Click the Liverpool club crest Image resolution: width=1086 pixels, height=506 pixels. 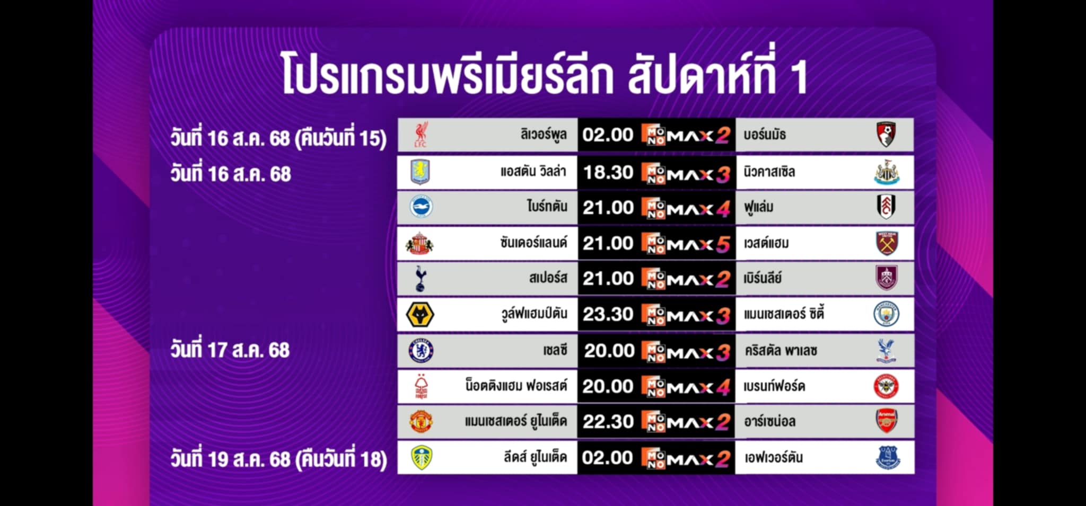click(421, 135)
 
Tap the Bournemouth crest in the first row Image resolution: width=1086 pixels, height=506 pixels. click(886, 135)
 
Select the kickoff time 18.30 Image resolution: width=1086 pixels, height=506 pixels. click(608, 172)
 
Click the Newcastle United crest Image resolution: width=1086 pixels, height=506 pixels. click(887, 172)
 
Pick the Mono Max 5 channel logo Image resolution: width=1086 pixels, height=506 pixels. click(686, 244)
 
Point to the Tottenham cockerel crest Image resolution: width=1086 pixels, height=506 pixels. click(421, 279)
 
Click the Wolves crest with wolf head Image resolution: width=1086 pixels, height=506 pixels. click(420, 315)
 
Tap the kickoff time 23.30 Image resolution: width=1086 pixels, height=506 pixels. click(608, 314)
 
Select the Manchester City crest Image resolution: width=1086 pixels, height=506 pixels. click(886, 314)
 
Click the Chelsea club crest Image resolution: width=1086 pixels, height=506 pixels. click(421, 350)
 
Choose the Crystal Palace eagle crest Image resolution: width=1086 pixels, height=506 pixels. click(886, 351)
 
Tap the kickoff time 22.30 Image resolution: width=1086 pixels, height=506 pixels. click(608, 422)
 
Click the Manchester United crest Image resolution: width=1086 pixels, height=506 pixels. click(421, 422)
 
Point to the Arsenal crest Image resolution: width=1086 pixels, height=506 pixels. click(886, 421)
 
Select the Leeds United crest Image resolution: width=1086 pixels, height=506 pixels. click(422, 458)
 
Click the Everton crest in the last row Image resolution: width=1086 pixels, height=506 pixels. click(887, 457)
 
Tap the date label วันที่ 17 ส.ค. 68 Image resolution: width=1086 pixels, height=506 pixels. click(230, 350)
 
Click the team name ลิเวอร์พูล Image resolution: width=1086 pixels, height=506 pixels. click(544, 134)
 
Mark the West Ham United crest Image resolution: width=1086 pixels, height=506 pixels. click(887, 243)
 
